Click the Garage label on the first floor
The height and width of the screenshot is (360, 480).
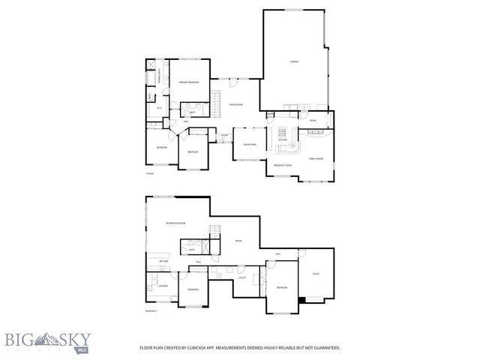point(295,61)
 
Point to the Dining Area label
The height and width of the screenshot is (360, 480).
point(249,145)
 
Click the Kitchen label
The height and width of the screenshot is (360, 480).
point(283,139)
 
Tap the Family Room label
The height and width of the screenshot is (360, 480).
point(316,159)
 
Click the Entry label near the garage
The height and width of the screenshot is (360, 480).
point(313,120)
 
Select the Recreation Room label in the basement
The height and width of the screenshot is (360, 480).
point(175,223)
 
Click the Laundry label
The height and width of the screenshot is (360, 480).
point(162,286)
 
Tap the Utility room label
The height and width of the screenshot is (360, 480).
point(242,278)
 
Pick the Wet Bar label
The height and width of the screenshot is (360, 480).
point(163,260)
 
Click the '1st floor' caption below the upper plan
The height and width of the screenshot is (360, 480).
point(149,173)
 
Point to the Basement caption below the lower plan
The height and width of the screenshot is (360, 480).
point(151,310)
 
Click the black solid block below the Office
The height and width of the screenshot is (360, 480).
point(301,300)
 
